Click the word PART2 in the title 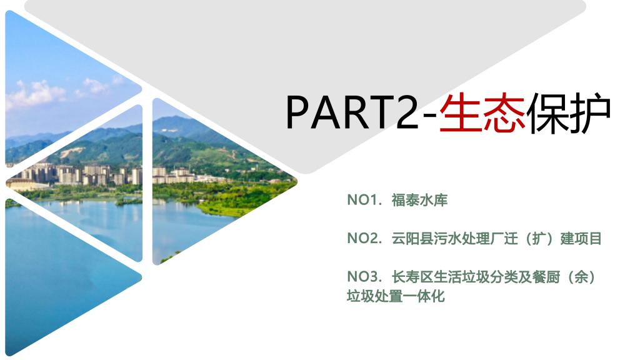pyautogui.click(x=352, y=112)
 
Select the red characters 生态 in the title pyautogui.click(x=482, y=112)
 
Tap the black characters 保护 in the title pyautogui.click(x=569, y=112)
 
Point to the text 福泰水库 pyautogui.click(x=419, y=200)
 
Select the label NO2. pyautogui.click(x=364, y=238)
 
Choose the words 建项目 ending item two pyautogui.click(x=581, y=238)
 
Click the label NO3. pyautogui.click(x=364, y=277)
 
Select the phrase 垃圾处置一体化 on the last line pyautogui.click(x=396, y=296)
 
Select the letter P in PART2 pyautogui.click(x=297, y=112)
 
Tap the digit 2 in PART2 pyautogui.click(x=406, y=112)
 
